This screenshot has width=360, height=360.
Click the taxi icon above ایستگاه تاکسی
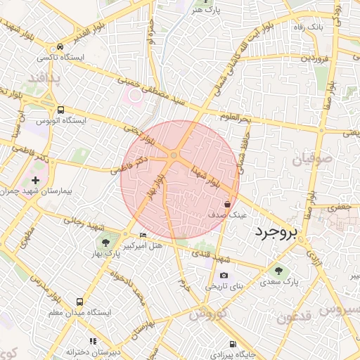point(61,47)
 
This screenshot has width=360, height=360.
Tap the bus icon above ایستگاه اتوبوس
point(61,110)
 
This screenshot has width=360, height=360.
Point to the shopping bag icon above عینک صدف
point(227,203)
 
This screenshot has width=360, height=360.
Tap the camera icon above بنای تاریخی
point(223,276)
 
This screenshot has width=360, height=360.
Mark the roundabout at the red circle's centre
point(174,155)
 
